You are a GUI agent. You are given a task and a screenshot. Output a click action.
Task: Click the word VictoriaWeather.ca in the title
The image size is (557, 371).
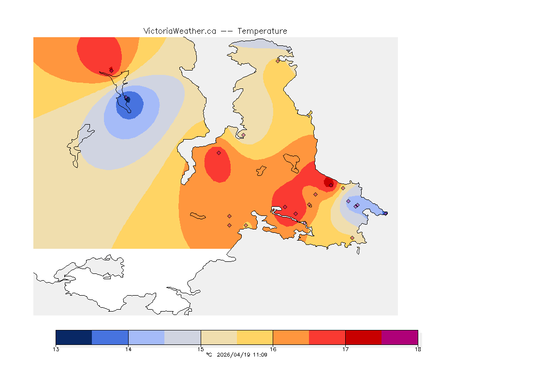pos(179,31)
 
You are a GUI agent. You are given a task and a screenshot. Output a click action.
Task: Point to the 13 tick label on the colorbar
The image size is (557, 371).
pos(56,349)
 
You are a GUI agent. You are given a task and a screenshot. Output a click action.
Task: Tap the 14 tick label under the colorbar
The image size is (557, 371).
pos(128,349)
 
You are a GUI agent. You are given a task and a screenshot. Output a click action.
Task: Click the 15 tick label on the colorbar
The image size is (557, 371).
pos(201,349)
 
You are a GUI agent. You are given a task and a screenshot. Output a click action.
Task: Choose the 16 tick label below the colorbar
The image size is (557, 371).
pos(273,349)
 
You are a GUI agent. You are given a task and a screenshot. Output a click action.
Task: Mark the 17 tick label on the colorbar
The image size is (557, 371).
pos(345,349)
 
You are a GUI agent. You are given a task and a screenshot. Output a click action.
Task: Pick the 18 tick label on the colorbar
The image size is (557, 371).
pos(418,349)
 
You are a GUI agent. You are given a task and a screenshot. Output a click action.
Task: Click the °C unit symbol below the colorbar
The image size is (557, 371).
pos(209,355)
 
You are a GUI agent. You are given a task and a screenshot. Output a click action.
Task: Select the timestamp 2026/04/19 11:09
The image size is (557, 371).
pos(242,355)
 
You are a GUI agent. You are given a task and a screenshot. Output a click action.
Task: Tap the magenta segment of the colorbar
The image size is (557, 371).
pos(399,337)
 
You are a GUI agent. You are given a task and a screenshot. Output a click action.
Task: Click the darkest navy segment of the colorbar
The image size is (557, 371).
pos(74,337)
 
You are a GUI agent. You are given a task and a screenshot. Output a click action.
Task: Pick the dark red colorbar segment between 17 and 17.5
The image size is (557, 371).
pos(363,337)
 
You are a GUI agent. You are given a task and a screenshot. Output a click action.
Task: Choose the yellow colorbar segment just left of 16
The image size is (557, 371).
pos(255,337)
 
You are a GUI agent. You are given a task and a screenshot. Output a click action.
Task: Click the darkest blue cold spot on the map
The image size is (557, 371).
pos(128,100)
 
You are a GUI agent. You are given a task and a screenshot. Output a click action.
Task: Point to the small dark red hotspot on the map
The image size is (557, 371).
pos(329,182)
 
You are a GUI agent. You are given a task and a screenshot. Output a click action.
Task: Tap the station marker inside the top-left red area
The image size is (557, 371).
pos(111,70)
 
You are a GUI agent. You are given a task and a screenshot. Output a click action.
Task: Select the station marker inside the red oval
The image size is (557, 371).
pos(219,153)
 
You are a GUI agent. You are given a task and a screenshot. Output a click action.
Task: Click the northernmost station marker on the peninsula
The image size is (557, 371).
pos(278,61)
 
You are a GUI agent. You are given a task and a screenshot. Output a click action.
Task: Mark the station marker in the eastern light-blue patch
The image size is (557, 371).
pos(356,206)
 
